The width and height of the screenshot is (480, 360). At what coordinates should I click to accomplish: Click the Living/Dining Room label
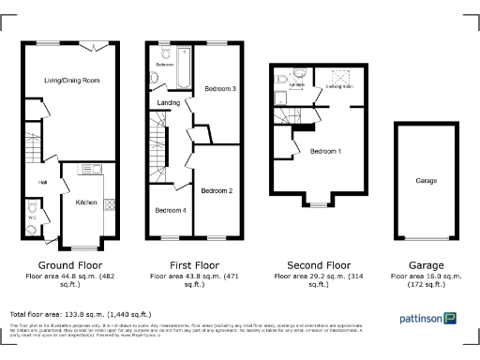tap(71, 81)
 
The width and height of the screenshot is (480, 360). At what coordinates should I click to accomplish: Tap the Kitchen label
tap(87, 202)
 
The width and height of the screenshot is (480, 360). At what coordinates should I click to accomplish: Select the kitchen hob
tap(110, 203)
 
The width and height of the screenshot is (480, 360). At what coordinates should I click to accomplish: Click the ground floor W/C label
tap(31, 218)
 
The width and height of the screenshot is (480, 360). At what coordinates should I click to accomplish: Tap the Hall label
tap(42, 182)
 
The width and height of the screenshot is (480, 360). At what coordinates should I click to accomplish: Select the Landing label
tap(169, 103)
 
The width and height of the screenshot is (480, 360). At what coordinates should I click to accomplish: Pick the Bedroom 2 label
tap(217, 190)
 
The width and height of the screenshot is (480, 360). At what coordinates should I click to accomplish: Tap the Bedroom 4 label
tap(170, 210)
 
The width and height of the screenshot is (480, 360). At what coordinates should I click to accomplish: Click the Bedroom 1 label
tap(326, 151)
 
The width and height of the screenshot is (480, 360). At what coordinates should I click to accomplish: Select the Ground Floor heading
tap(68, 265)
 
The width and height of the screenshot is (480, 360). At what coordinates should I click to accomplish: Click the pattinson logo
tap(430, 318)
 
